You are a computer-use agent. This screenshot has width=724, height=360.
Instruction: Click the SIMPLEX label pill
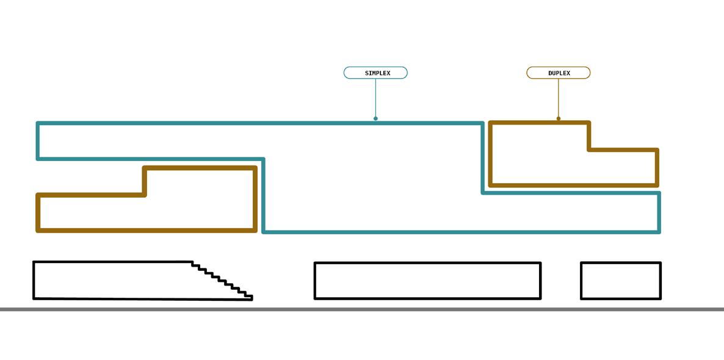(x=375, y=73)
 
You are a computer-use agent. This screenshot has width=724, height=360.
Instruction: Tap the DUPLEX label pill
(x=559, y=73)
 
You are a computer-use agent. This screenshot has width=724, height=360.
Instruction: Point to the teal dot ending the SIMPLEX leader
(x=375, y=118)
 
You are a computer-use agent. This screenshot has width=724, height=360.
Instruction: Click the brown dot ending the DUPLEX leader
(x=559, y=118)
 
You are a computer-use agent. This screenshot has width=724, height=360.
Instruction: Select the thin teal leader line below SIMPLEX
(x=375, y=98)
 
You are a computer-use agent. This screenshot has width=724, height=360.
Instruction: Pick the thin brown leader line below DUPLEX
(x=559, y=98)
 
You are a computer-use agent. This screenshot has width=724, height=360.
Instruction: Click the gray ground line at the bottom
(x=362, y=309)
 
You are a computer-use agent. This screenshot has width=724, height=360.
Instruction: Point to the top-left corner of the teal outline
(x=38, y=124)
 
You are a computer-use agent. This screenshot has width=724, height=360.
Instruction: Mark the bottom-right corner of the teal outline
(x=659, y=232)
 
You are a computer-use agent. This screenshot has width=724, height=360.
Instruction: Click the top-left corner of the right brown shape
(x=490, y=123)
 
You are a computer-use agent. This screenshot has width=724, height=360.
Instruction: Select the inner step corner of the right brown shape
(x=589, y=149)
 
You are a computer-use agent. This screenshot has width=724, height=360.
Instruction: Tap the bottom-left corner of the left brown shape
(x=38, y=230)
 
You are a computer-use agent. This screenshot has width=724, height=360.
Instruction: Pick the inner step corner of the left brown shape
(x=145, y=195)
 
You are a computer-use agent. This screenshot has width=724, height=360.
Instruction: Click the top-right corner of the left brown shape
(x=255, y=168)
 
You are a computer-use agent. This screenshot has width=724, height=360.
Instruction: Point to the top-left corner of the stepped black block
(x=34, y=262)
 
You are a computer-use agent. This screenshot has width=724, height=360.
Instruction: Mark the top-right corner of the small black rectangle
(x=661, y=263)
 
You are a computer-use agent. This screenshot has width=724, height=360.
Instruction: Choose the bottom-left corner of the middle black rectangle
(x=315, y=298)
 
